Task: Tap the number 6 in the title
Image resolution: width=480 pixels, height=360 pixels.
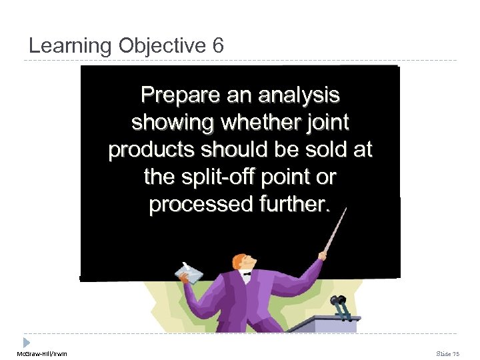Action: tap(218, 46)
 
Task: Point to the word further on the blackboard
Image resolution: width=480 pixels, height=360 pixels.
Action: tap(290, 204)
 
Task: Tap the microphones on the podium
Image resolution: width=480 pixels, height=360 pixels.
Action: tap(340, 305)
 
